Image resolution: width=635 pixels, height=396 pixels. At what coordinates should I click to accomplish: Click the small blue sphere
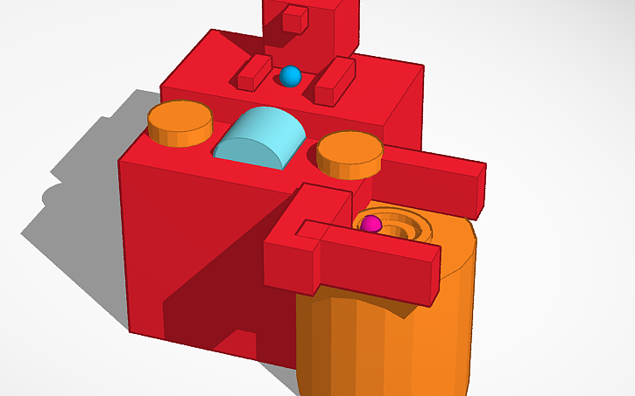click(x=290, y=76)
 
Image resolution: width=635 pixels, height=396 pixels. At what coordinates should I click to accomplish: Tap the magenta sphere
click(x=370, y=224)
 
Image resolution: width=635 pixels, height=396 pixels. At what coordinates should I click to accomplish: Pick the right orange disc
click(x=349, y=149)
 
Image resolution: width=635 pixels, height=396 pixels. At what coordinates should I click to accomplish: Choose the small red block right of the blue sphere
click(x=333, y=80)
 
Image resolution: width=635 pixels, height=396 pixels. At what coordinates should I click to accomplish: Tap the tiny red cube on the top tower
click(x=296, y=18)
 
